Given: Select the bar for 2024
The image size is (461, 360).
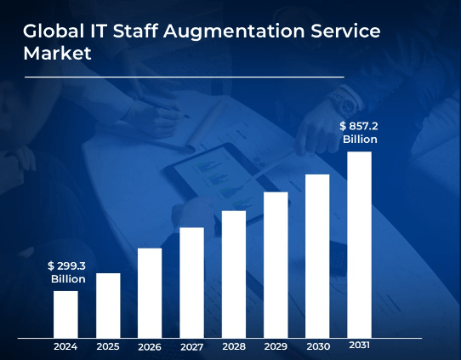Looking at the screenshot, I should coord(65,314).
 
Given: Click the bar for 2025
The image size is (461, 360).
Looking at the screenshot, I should coord(108,305).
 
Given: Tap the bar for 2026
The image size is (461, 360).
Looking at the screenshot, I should coord(150,293).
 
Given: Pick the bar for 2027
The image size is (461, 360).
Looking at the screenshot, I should coord(191,283).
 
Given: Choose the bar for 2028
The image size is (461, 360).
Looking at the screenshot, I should coord(234,274).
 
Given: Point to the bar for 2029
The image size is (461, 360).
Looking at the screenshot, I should coord(276,265).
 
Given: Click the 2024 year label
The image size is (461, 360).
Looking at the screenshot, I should coord(65,346).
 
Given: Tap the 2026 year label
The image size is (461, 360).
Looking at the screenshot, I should coord(150,346).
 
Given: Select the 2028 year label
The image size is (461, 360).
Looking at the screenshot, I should coord(234,346).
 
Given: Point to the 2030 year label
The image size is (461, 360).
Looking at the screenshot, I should coord(317,346).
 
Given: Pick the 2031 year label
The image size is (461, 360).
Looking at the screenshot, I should coord(360,346).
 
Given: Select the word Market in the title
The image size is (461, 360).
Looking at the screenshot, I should coord(56,54).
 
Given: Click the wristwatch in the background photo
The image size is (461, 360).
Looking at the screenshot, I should coord(344,103).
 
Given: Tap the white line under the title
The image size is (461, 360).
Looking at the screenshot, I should coord(184,77).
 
